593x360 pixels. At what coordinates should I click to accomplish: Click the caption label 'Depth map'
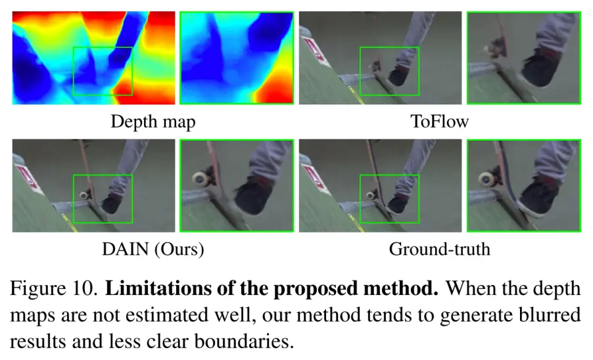[153, 122]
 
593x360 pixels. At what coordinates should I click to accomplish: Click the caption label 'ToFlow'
[439, 122]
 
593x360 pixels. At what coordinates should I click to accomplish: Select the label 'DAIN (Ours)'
[153, 250]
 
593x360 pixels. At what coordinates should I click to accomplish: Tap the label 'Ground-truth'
[439, 250]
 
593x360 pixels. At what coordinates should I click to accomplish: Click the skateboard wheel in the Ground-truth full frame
[372, 195]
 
